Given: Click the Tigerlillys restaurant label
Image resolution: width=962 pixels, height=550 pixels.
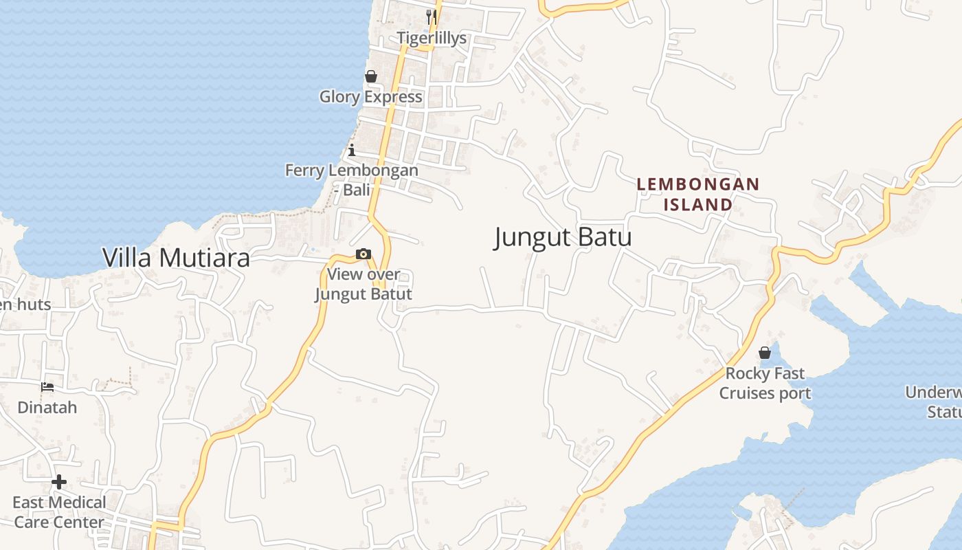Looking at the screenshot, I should [432, 38].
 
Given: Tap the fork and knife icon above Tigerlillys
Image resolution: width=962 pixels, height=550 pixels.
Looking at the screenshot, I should [432, 16].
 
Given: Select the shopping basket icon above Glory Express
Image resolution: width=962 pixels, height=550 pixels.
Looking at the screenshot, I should [371, 76].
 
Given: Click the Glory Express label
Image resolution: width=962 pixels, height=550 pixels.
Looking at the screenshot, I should [371, 97].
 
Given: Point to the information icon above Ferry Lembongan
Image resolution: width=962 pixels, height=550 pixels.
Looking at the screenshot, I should [352, 150].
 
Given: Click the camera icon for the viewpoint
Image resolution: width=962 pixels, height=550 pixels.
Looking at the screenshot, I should [363, 254].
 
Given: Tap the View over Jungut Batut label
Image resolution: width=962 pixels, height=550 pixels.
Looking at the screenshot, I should [363, 284].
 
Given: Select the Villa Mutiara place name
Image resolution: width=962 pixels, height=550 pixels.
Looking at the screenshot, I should [176, 258].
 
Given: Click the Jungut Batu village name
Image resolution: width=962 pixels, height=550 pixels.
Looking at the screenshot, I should [563, 237].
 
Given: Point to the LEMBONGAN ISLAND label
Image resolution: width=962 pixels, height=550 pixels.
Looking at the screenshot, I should [698, 194].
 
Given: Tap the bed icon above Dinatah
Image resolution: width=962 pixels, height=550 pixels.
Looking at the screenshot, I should [47, 387].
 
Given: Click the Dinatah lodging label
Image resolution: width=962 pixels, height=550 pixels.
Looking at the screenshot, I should [47, 408].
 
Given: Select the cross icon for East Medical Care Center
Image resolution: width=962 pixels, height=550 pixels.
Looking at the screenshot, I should [59, 482].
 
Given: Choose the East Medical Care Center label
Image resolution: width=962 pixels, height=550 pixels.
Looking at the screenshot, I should [59, 512].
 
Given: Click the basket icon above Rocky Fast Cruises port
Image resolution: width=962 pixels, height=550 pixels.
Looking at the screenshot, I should [765, 353].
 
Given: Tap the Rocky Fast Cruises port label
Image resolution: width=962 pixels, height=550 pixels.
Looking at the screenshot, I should [765, 384].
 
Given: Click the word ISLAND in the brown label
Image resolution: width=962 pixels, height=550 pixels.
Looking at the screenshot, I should [698, 204].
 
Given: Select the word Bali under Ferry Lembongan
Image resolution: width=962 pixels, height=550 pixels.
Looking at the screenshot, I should [357, 190].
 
